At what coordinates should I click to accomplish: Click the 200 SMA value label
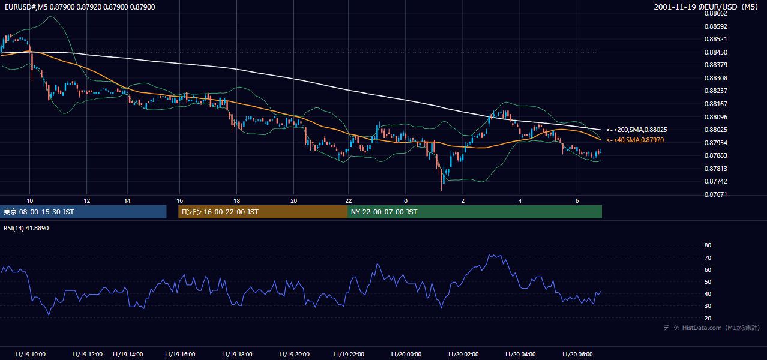click(x=637, y=130)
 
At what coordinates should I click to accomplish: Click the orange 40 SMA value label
click(x=635, y=140)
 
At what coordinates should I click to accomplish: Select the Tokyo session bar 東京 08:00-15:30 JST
click(x=83, y=212)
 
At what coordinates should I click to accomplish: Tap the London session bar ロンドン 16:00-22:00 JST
click(x=263, y=212)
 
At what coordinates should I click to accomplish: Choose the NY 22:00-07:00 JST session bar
click(x=475, y=212)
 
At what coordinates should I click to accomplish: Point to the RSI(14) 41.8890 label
click(x=26, y=228)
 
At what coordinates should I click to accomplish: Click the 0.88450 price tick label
click(x=715, y=52)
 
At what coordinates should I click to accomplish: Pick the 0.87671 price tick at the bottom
click(x=715, y=194)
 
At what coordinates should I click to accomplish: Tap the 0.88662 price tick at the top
click(x=715, y=14)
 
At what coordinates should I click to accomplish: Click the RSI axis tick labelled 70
click(x=708, y=257)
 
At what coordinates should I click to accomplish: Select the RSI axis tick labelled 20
click(x=708, y=318)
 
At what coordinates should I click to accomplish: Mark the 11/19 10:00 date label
click(x=30, y=355)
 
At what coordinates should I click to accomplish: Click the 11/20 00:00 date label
click(x=406, y=355)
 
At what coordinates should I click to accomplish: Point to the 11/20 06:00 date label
click(x=577, y=355)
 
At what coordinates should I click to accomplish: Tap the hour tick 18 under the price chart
click(x=236, y=201)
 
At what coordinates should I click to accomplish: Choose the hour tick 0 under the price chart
click(x=406, y=201)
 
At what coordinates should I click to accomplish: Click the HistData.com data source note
click(x=712, y=328)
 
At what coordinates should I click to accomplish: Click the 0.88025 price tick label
click(x=715, y=130)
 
